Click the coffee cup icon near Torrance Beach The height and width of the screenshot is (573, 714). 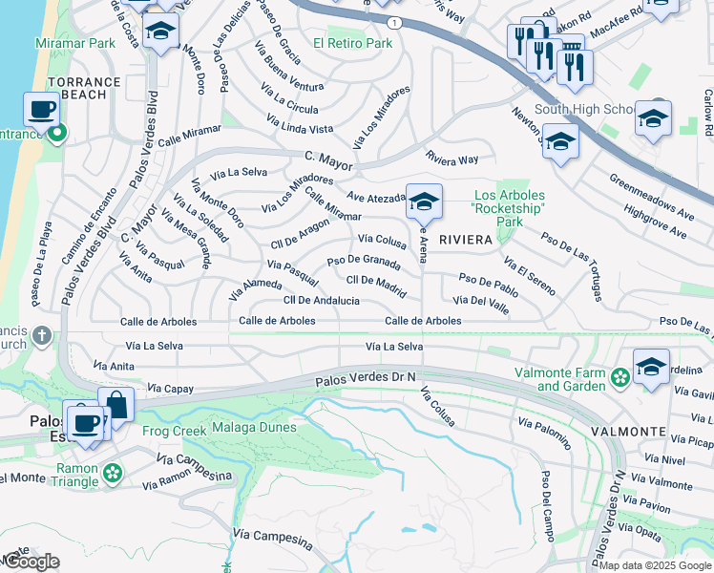pos(41,111)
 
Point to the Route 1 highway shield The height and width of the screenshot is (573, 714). pos(394,21)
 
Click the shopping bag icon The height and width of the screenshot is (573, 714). pos(115,405)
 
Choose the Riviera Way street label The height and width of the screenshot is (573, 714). pos(452,159)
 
